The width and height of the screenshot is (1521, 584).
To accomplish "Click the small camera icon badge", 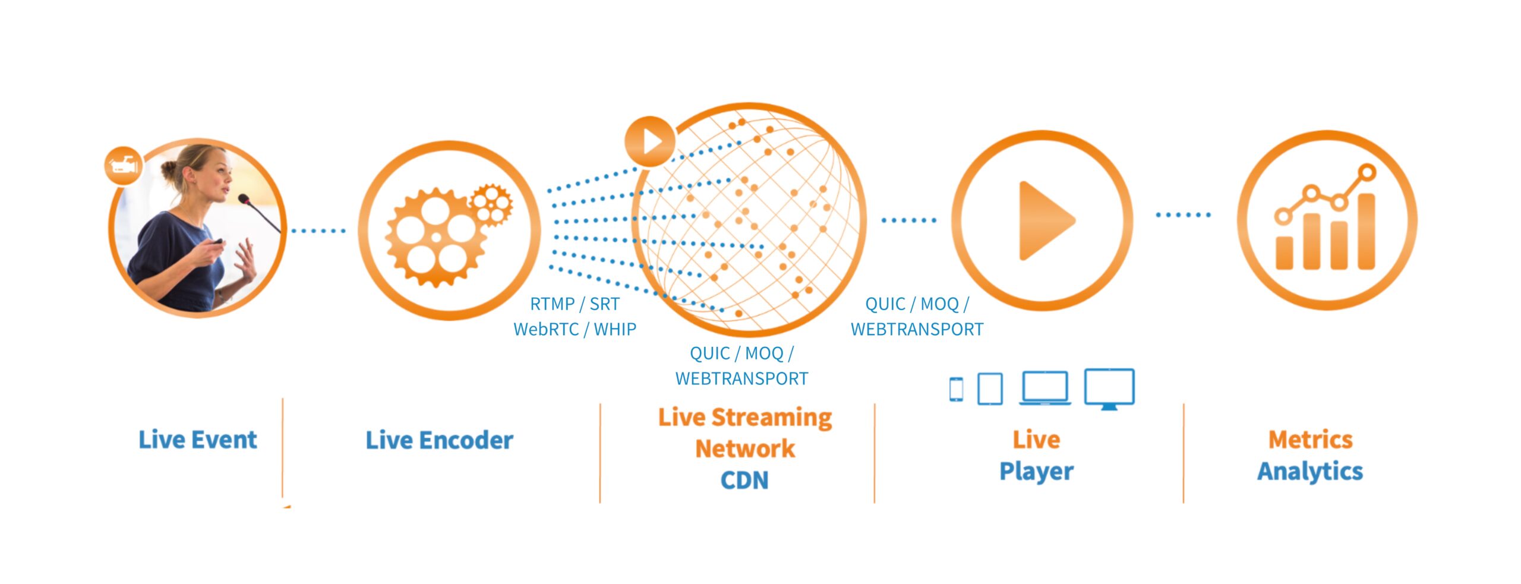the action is coord(124,164).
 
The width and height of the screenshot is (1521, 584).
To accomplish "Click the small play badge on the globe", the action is coord(650,141).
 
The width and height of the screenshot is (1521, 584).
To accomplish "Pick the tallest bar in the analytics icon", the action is coord(1366,231).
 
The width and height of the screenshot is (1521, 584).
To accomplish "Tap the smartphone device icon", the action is coord(956,389).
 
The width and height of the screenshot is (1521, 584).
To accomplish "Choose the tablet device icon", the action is coord(990,389).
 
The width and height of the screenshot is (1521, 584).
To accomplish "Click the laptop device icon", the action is coord(1045,388).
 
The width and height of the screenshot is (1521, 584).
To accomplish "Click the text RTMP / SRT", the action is coord(575,304).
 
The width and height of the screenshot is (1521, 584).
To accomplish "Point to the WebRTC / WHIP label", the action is coord(575,329).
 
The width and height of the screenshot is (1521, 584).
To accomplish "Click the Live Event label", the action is coord(198,440).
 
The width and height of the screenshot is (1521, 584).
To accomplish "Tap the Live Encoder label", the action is coord(439,440).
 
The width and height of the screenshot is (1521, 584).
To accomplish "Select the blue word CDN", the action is coord(744,480).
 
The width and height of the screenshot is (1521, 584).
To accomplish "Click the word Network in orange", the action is coord(745,449).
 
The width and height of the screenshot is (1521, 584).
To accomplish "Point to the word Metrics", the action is coord(1311,440).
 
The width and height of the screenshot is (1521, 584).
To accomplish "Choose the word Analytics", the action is coord(1310,472).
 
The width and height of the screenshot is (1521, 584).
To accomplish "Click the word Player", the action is coord(1036,472).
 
